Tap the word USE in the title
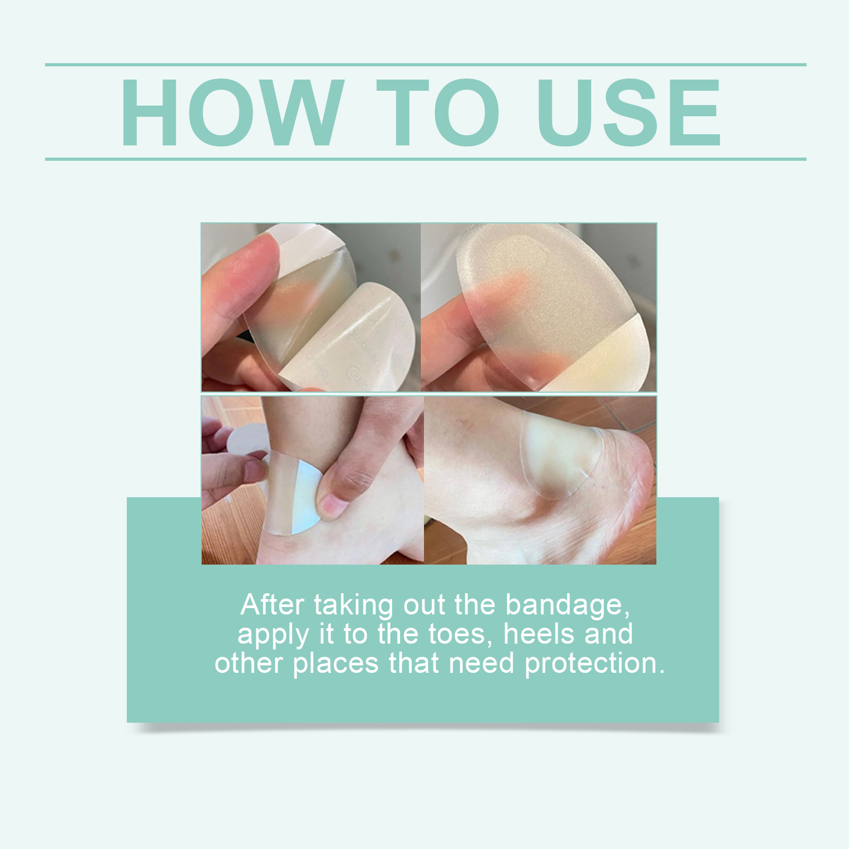click(629, 113)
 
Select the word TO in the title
click(438, 113)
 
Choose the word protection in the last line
click(594, 664)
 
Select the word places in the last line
click(335, 664)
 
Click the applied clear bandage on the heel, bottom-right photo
click(562, 456)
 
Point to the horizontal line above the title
click(424, 65)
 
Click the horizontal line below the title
click(424, 159)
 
